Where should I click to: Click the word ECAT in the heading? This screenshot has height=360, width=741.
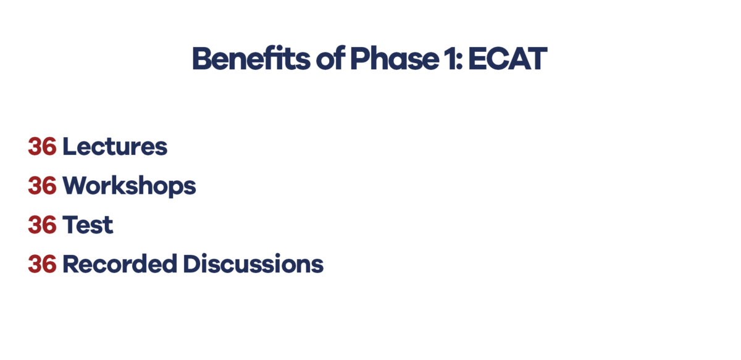(507, 59)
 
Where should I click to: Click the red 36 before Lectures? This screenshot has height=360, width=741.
(43, 147)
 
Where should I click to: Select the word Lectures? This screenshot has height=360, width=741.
(115, 147)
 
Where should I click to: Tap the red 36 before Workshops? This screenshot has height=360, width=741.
(43, 186)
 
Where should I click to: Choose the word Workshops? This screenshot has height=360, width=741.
(129, 186)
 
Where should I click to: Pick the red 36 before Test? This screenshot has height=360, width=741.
(43, 225)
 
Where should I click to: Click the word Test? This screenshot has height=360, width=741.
(88, 225)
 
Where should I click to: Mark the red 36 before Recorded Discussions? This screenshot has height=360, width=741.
(43, 264)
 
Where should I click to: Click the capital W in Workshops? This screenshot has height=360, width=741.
(75, 186)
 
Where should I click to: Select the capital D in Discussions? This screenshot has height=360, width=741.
(192, 264)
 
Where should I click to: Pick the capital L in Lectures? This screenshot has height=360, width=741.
(69, 147)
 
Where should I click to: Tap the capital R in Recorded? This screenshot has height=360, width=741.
(70, 264)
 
